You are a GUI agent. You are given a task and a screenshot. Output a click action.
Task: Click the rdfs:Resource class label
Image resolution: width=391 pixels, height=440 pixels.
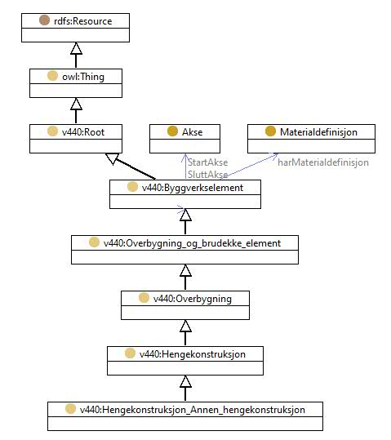point(82,21)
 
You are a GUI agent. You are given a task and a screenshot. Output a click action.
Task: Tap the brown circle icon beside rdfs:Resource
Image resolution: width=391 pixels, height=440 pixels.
point(44,20)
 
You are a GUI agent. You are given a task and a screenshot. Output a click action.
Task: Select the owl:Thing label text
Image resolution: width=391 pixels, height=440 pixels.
point(83,77)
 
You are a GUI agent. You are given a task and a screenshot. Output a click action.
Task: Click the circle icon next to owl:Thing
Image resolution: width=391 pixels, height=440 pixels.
point(52,76)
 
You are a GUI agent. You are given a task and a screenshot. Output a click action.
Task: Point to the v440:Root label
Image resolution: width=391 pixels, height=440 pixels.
point(83,132)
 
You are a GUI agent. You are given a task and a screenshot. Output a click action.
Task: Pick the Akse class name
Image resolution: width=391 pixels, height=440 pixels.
point(193,132)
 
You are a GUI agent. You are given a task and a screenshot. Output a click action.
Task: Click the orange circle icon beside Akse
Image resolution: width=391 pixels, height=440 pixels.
point(172,131)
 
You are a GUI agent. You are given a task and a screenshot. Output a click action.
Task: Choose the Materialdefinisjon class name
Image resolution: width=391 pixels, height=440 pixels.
point(318,132)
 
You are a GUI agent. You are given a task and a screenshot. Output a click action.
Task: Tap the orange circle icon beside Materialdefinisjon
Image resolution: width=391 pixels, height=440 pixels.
point(270,131)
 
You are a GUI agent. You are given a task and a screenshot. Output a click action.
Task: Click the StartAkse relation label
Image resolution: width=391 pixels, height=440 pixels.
point(207,162)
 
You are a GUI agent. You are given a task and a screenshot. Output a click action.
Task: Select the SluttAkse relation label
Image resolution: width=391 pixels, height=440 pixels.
point(207,175)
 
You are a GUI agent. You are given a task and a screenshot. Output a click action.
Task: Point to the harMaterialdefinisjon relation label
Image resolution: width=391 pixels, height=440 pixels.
point(323,162)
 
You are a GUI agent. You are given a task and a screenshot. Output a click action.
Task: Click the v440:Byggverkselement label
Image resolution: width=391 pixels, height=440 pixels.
point(193,188)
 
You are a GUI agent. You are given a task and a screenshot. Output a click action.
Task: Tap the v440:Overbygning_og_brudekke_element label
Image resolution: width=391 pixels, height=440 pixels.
point(192,243)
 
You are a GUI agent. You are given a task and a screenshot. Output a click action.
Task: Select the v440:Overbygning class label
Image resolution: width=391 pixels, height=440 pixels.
point(193,299)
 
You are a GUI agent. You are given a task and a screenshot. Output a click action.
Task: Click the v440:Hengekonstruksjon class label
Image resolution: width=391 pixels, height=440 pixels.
point(193,354)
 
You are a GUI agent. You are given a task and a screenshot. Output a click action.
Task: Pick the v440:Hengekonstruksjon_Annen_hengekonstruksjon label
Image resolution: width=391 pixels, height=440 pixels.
point(193,410)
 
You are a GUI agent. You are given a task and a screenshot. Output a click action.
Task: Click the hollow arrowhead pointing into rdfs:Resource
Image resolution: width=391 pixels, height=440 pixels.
point(76,48)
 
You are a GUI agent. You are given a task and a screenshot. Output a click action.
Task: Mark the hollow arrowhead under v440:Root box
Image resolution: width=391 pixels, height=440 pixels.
point(113,158)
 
